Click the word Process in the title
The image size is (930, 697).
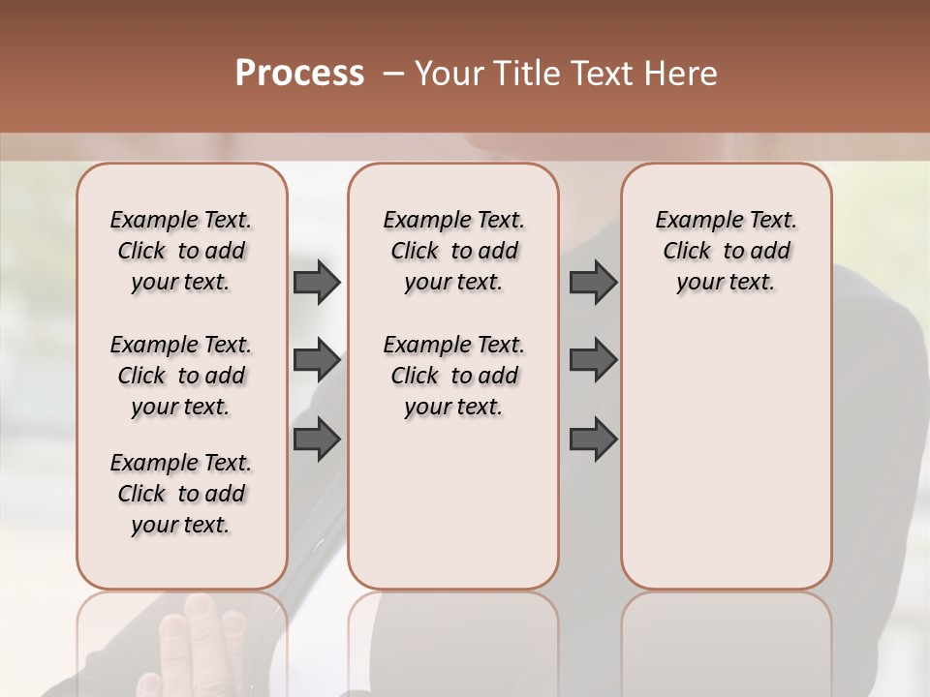pyautogui.click(x=299, y=74)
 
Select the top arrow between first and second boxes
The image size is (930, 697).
pyautogui.click(x=317, y=282)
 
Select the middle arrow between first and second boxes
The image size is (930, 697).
pyautogui.click(x=317, y=361)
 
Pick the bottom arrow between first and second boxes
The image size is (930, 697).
pyautogui.click(x=317, y=439)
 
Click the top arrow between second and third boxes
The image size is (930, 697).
pyautogui.click(x=593, y=282)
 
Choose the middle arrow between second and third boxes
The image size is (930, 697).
pyautogui.click(x=593, y=361)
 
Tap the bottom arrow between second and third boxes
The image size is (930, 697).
pyautogui.click(x=593, y=439)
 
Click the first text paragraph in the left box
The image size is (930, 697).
pyautogui.click(x=181, y=251)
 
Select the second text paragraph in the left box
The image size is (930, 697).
pyautogui.click(x=181, y=376)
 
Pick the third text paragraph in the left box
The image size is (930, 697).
pyautogui.click(x=181, y=494)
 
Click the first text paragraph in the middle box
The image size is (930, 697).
pyautogui.click(x=453, y=251)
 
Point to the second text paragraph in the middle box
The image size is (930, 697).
pyautogui.click(x=453, y=376)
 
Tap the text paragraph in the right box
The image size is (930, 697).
pyautogui.click(x=726, y=251)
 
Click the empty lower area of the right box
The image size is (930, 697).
pyautogui.click(x=726, y=455)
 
